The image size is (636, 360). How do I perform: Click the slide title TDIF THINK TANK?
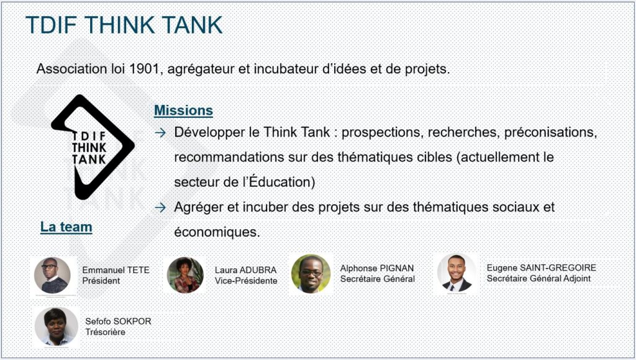coord(124,25)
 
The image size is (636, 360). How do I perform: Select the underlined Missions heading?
coord(183,110)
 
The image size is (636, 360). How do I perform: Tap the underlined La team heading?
coord(66,227)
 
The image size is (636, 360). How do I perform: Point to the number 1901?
coord(143,69)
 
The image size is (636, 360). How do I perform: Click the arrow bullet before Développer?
coord(160,133)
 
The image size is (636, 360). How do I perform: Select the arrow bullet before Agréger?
coord(160,207)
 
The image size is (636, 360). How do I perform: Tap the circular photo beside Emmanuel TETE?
coord(52,275)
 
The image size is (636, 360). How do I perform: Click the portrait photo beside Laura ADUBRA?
coord(185,275)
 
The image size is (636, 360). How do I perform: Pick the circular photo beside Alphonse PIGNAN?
coord(311,274)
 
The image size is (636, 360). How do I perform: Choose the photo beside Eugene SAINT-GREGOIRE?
coord(457,273)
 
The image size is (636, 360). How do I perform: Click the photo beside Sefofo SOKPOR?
coord(55,326)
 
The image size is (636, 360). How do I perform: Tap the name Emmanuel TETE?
coord(116,270)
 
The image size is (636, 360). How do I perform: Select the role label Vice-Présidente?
coord(246,281)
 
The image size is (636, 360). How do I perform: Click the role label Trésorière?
coord(105,332)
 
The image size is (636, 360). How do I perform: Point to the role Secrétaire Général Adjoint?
coord(538,279)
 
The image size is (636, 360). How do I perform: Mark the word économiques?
coord(217,232)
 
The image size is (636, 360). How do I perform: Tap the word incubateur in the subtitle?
coord(283,69)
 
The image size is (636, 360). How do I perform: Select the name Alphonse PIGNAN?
coord(377,268)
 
